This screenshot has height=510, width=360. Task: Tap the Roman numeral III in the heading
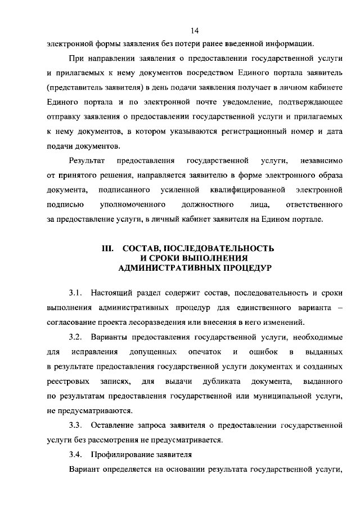pyautogui.click(x=107, y=248)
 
